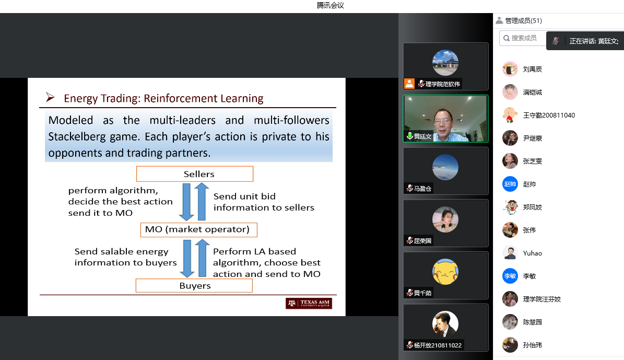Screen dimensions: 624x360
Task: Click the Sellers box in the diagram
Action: click(195, 174)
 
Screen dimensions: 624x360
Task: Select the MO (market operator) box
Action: click(198, 230)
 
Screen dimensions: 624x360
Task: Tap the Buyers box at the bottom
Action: click(194, 285)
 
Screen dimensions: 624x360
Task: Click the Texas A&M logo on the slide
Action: click(309, 304)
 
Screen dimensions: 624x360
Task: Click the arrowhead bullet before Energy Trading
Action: click(50, 97)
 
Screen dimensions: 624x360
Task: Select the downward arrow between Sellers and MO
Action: click(186, 202)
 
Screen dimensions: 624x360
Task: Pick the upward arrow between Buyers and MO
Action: click(202, 258)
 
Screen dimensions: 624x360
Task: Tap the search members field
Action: click(523, 38)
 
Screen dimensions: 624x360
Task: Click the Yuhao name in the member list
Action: click(533, 253)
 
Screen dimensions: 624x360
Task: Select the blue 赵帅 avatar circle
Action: click(510, 184)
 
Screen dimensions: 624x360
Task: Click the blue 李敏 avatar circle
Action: click(510, 276)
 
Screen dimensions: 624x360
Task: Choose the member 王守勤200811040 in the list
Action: click(549, 115)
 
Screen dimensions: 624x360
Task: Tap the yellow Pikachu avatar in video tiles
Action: click(445, 272)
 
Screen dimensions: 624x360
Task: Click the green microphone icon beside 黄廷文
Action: click(409, 136)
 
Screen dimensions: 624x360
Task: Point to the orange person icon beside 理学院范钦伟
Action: click(409, 84)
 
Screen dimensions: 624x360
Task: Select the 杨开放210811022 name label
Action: click(438, 345)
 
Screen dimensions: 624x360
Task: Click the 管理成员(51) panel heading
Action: click(523, 21)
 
